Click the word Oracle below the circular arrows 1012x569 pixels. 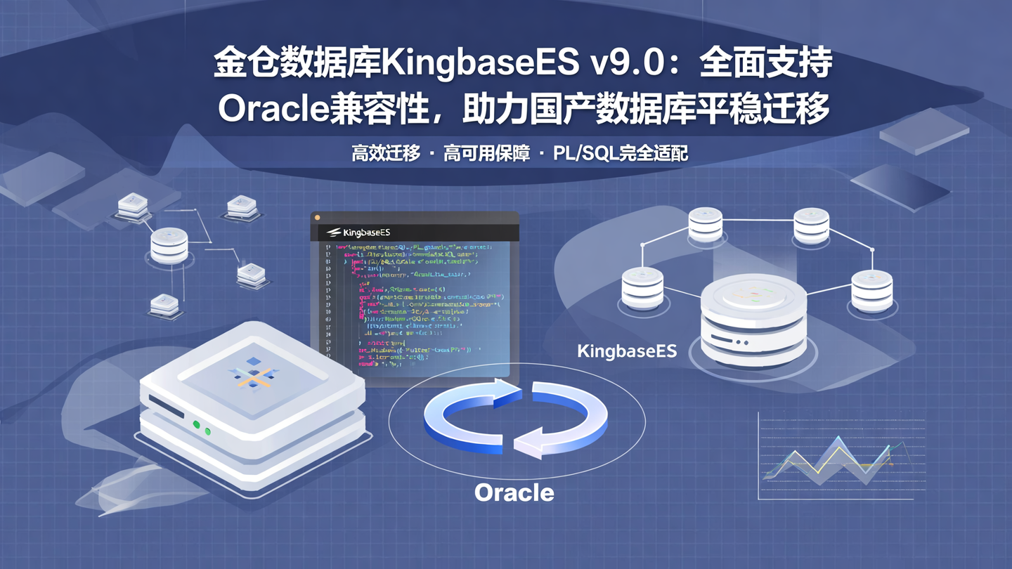click(514, 492)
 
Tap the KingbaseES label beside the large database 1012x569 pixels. click(626, 351)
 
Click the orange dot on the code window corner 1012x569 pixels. click(317, 218)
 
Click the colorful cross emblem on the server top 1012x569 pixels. click(254, 373)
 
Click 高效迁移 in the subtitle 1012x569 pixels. click(385, 153)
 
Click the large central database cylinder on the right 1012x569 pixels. click(753, 320)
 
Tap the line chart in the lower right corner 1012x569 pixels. click(840, 460)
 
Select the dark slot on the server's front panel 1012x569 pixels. click(166, 408)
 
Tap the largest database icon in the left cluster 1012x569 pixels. click(169, 245)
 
